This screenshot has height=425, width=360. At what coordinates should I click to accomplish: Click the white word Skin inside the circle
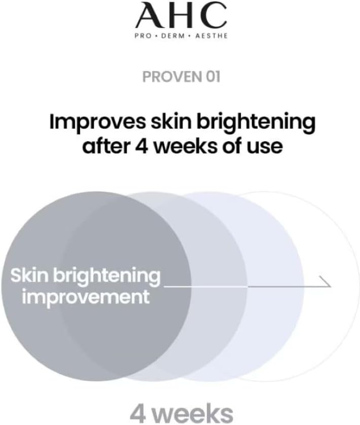point(28,275)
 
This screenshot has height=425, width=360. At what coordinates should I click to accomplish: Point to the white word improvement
point(86,297)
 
